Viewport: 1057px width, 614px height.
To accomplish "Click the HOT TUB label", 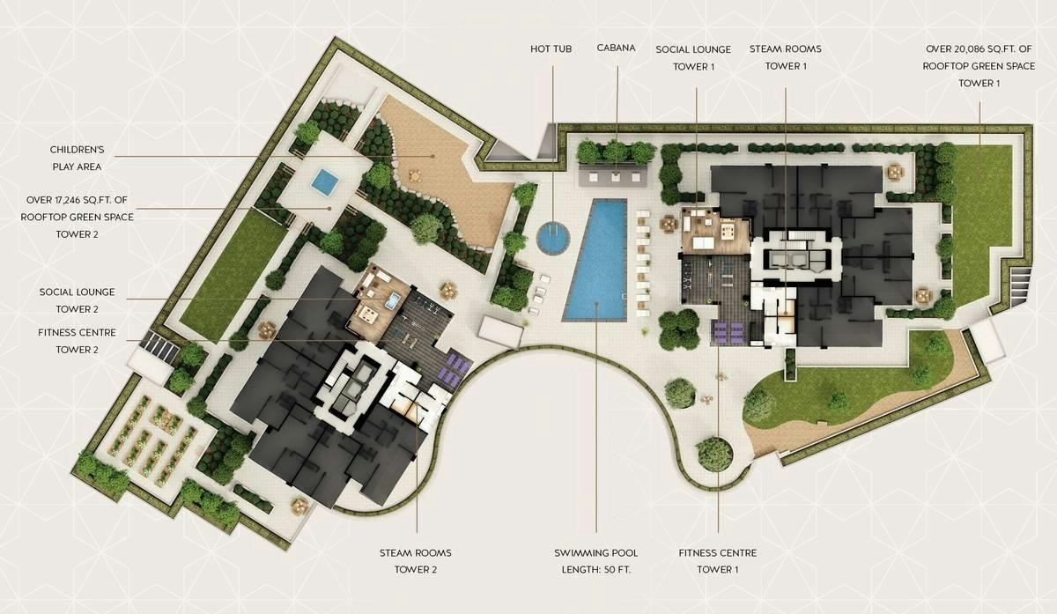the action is tap(551, 48).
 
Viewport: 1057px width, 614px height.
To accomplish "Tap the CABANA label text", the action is tap(616, 48).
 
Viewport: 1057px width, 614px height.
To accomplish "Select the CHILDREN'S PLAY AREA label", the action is tap(77, 158).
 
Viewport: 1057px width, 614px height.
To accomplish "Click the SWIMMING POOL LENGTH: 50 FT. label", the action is tap(596, 561).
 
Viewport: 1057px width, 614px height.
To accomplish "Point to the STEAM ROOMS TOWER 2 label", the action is tap(415, 561).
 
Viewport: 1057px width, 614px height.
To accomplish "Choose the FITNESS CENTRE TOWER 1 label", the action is tap(718, 561).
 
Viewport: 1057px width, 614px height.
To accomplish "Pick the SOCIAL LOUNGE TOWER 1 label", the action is tap(693, 58).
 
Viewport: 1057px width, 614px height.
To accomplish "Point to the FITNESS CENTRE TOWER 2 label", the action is tap(77, 341).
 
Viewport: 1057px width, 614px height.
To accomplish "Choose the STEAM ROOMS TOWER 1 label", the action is tap(785, 57).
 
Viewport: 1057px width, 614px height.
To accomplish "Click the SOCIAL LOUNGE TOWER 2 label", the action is tap(77, 300).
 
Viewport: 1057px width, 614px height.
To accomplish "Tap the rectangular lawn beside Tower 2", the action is tap(233, 274).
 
